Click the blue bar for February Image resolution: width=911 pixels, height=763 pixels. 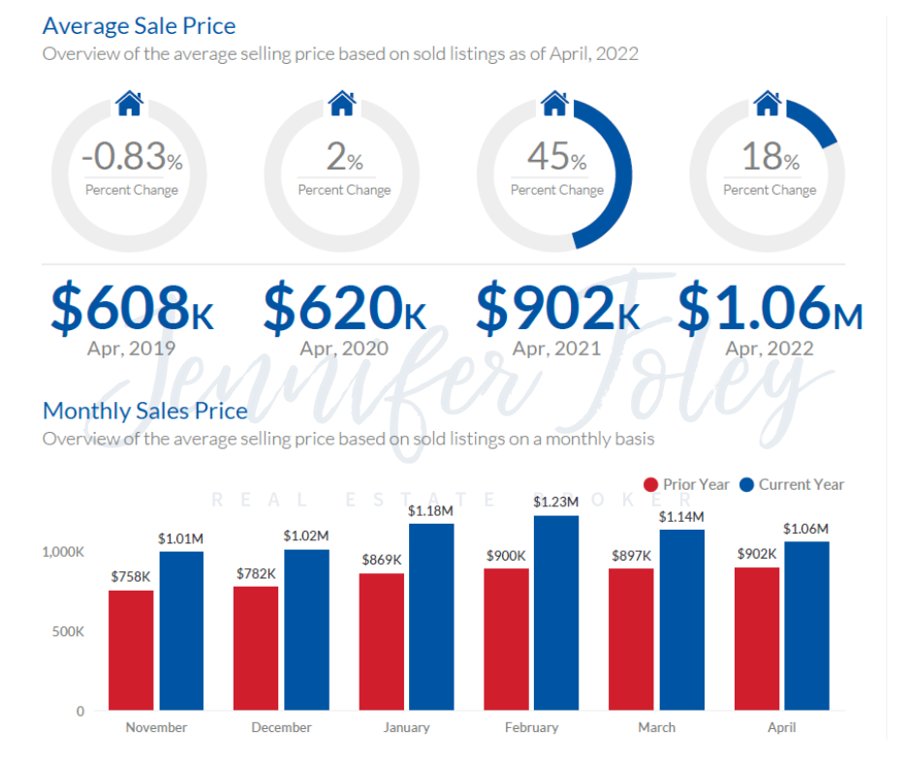[555, 613]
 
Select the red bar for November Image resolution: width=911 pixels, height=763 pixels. [131, 650]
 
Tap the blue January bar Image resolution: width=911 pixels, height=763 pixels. [431, 617]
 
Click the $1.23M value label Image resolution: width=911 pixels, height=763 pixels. [555, 502]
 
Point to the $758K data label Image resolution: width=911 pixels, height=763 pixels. [131, 577]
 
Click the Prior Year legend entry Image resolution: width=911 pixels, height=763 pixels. [688, 484]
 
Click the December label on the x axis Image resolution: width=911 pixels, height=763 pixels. [281, 727]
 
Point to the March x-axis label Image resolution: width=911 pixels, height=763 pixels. [656, 727]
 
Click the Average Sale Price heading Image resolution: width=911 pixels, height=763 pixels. [139, 25]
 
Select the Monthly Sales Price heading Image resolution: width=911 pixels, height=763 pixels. [144, 411]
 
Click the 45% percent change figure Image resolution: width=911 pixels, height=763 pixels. [556, 157]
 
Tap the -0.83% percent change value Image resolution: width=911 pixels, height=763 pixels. [131, 157]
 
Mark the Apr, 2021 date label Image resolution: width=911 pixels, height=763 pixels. [556, 349]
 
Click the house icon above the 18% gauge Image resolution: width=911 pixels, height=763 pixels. [768, 102]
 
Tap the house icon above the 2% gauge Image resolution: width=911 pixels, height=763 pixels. [342, 102]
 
